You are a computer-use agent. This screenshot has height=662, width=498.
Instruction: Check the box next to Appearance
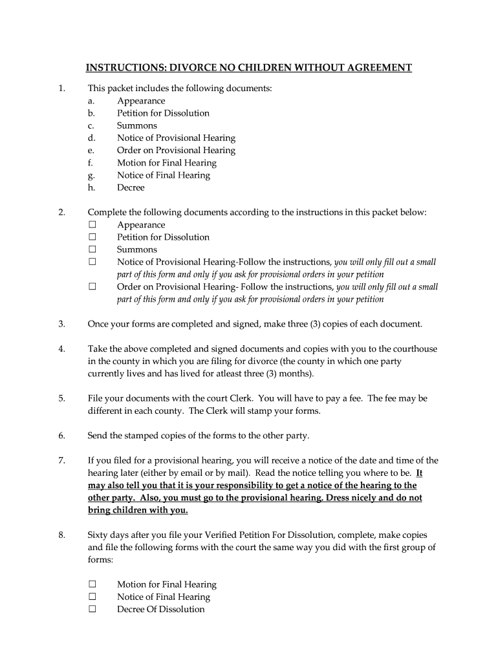click(x=92, y=225)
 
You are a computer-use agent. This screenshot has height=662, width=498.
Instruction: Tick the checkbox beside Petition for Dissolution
click(x=92, y=237)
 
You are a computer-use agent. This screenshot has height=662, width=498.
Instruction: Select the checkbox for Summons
click(x=92, y=250)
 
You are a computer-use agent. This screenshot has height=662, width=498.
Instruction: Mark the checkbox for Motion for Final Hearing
click(x=92, y=584)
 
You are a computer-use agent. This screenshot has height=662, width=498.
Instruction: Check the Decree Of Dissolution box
click(x=92, y=609)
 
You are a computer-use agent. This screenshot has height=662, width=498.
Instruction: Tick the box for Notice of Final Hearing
click(x=92, y=597)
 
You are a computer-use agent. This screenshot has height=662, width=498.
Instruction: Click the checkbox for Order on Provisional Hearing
click(x=92, y=286)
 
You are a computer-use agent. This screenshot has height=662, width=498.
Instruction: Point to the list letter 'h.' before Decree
click(x=92, y=187)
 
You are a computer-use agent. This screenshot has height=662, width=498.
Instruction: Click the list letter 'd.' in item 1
click(x=92, y=138)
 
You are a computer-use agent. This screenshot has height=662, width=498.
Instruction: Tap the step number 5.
click(x=61, y=398)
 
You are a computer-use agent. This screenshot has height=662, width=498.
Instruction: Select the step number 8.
click(x=61, y=535)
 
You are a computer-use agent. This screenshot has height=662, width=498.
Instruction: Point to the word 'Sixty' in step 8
click(x=98, y=535)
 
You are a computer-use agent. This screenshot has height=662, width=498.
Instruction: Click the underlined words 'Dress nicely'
click(x=352, y=498)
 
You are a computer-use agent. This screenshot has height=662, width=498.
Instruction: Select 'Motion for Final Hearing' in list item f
click(x=166, y=163)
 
